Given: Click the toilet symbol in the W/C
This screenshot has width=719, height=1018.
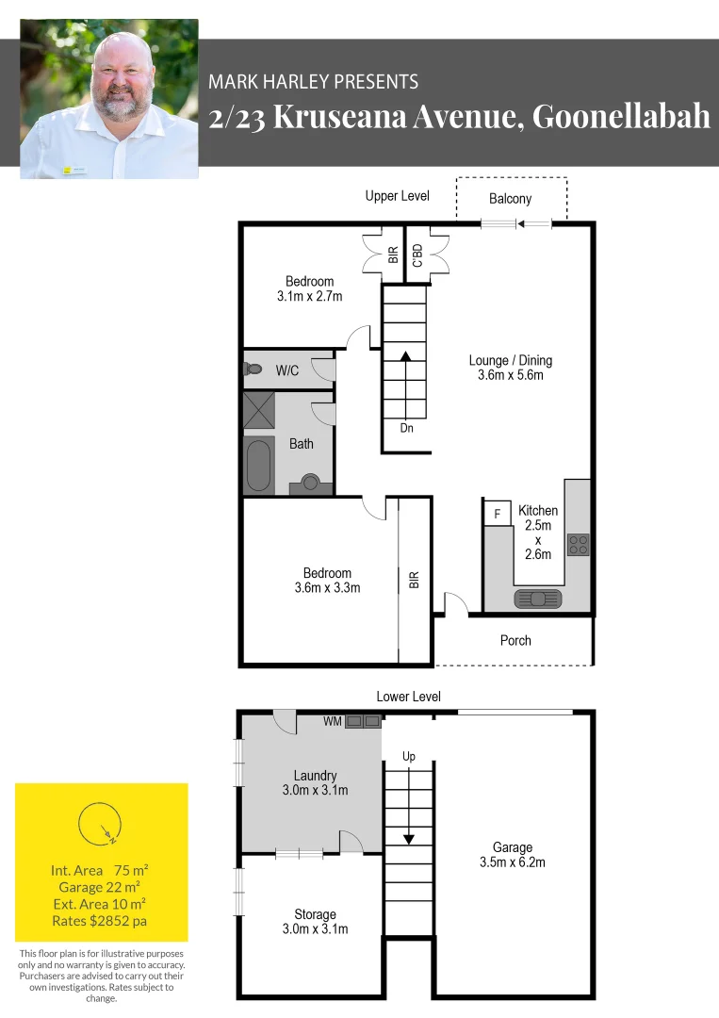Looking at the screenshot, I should (252, 369).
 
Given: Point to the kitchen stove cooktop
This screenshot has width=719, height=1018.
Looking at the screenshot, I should (578, 545).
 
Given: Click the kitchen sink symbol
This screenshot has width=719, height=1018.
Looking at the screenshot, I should (537, 598).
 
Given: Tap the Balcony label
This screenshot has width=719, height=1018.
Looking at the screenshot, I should (510, 199).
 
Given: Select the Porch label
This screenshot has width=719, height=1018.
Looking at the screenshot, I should (515, 641).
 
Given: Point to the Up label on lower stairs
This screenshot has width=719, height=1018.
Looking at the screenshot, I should (408, 756).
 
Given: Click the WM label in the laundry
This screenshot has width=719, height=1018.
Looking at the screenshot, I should (332, 722).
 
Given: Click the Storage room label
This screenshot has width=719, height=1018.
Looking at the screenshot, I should (315, 914).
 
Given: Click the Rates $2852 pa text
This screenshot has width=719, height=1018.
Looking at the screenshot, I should (100, 920).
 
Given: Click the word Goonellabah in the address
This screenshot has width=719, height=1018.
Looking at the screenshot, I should (621, 117).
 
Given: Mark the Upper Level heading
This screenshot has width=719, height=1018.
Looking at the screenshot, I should (397, 196).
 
